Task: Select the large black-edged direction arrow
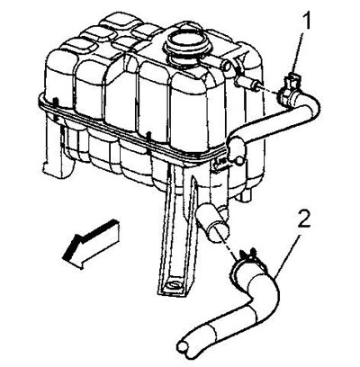[91, 244]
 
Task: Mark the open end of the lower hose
[183, 348]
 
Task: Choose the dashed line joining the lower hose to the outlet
[229, 243]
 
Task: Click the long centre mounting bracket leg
[177, 231]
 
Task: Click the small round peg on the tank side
[238, 161]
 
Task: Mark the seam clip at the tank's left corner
[55, 103]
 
